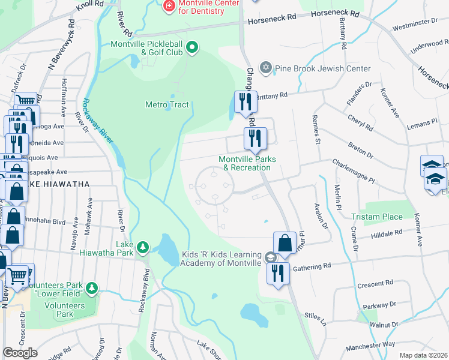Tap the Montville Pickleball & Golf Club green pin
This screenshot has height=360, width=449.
192,47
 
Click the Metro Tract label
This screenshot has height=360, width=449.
167,105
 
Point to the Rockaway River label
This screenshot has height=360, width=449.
97,121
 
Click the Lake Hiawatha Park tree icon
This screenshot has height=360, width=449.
142,247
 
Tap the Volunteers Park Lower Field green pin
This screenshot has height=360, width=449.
91,289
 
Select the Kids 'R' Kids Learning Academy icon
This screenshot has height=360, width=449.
271,258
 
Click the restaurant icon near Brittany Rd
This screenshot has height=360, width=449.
245,101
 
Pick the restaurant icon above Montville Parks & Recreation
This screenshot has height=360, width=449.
255,139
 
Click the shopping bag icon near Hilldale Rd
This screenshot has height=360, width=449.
285,244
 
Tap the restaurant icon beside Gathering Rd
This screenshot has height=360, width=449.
279,273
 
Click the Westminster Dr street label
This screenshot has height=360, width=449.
415,24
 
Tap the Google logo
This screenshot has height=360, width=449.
20,352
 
